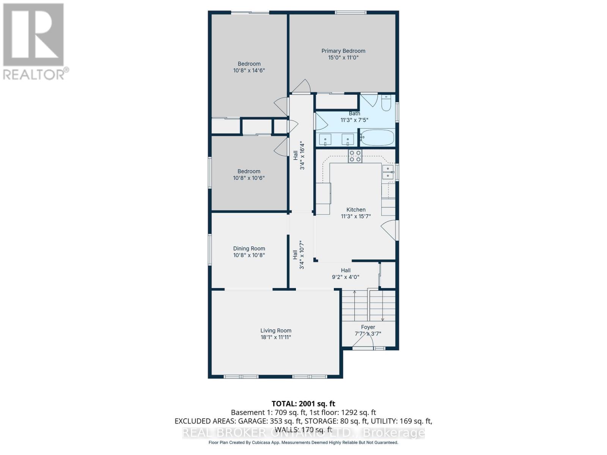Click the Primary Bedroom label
click(343, 51)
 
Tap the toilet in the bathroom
click(386, 103)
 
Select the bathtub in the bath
click(377, 137)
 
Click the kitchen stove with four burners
click(355, 156)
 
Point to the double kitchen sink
click(388, 172)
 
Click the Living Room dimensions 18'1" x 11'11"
click(276, 337)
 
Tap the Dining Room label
click(249, 249)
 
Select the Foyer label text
click(368, 327)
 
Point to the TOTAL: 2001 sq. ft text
click(303, 404)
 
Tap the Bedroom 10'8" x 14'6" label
click(249, 67)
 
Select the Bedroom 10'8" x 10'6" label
click(249, 174)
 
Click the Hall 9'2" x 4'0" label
click(346, 273)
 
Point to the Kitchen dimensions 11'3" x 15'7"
click(356, 216)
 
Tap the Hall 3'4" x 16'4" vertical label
click(299, 155)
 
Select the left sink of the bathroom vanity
click(325, 139)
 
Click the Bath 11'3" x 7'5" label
click(354, 117)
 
